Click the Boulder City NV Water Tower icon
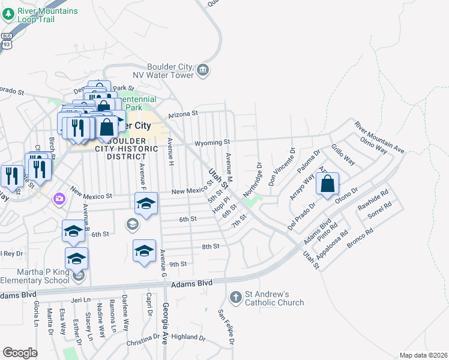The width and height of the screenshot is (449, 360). click(x=203, y=71)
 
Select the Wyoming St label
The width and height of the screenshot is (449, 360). click(x=212, y=142)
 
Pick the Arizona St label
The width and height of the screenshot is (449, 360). click(x=182, y=113)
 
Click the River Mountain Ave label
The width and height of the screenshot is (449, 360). click(x=379, y=137)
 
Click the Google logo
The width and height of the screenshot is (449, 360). click(x=20, y=353)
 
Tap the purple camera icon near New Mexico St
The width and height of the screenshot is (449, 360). click(x=59, y=198)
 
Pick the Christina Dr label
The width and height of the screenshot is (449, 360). click(x=142, y=343)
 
